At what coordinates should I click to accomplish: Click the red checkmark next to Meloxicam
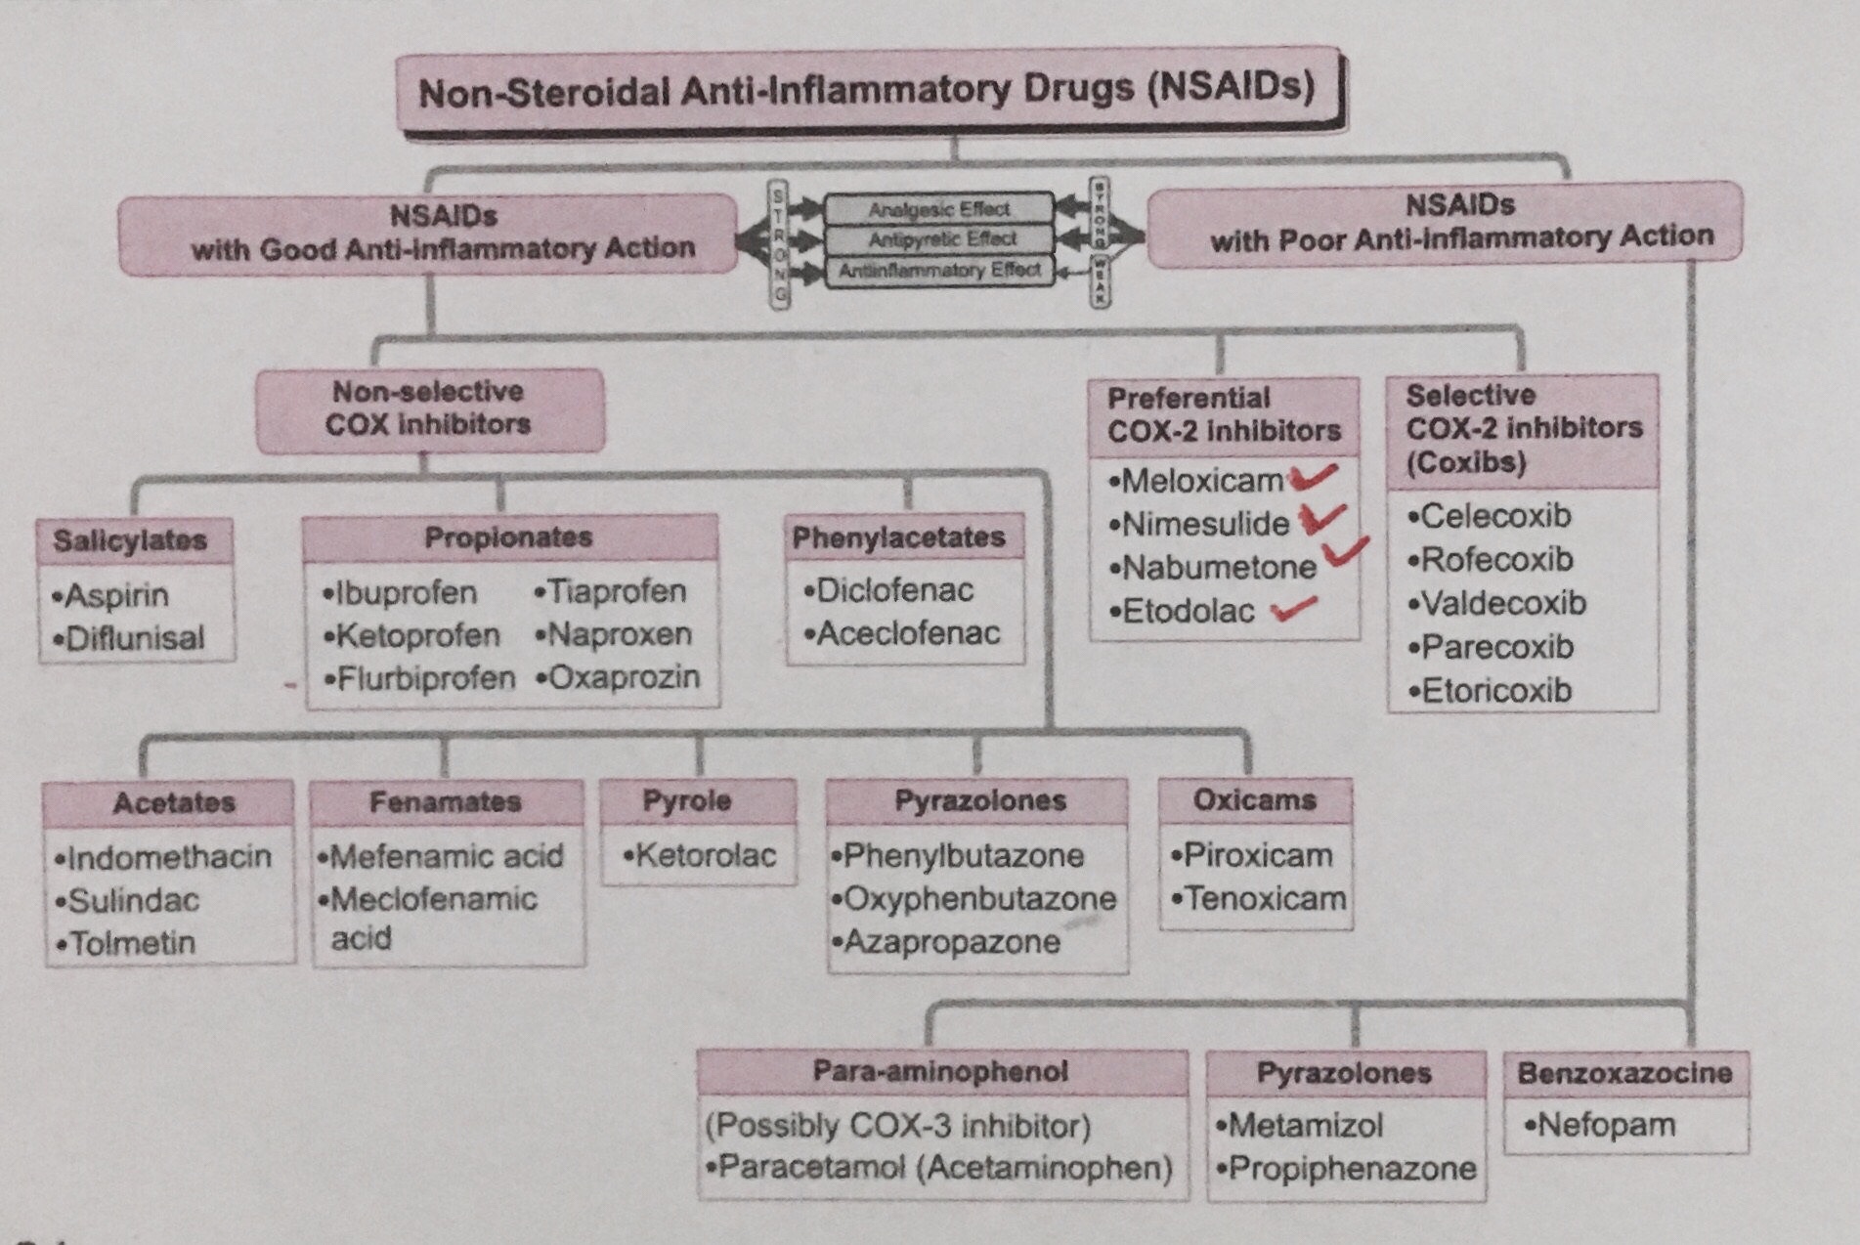point(1313,477)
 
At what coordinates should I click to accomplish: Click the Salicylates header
point(131,540)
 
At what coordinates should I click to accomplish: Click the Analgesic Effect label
point(938,209)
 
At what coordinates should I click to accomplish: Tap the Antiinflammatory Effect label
point(938,270)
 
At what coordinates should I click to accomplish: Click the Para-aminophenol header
point(940,1072)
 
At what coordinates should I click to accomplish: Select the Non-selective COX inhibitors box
point(429,408)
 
